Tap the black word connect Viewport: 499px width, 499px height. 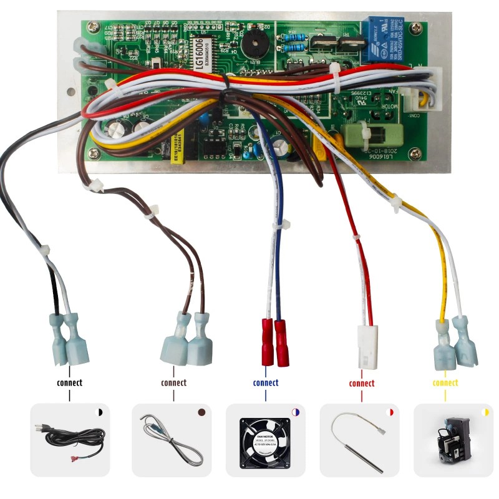pyautogui.click(x=69, y=382)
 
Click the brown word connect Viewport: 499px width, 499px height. pyautogui.click(x=173, y=382)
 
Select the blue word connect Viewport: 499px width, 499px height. pyautogui.click(x=266, y=382)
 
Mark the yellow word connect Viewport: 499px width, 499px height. pyautogui.click(x=445, y=382)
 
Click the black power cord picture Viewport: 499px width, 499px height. pyautogui.click(x=69, y=440)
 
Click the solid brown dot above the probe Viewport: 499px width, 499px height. pyautogui.click(x=201, y=413)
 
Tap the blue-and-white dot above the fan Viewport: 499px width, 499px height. pyautogui.click(x=296, y=413)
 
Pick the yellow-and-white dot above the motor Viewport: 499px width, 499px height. pyautogui.click(x=485, y=413)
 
